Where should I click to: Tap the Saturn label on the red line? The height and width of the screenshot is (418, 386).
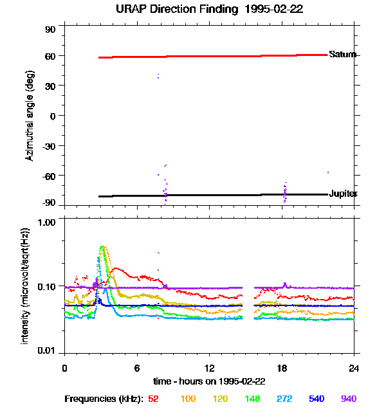(342, 55)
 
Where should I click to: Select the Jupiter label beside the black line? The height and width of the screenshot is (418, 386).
(343, 194)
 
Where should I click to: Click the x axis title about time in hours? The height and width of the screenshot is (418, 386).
(209, 381)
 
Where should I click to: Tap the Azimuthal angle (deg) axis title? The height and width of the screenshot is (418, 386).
(30, 116)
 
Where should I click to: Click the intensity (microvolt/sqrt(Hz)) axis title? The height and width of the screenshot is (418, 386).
(26, 286)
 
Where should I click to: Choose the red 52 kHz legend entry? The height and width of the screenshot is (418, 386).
(153, 399)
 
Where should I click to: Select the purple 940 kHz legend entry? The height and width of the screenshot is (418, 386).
(349, 399)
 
